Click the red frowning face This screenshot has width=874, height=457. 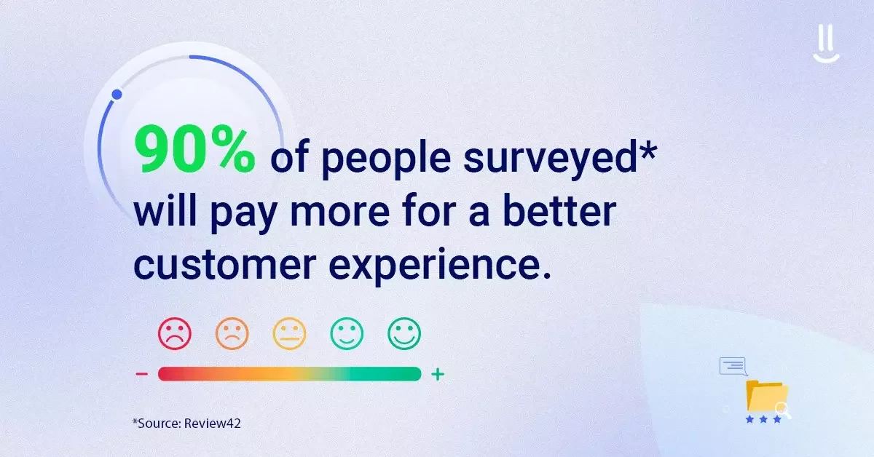pyautogui.click(x=174, y=333)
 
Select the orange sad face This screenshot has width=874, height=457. pyautogui.click(x=232, y=333)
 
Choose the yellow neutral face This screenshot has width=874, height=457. pyautogui.click(x=289, y=333)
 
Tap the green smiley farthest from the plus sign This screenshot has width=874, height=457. pyautogui.click(x=347, y=333)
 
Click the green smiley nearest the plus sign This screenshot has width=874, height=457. pyautogui.click(x=404, y=333)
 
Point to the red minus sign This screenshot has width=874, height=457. pyautogui.click(x=142, y=374)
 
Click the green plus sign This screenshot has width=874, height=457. pyautogui.click(x=437, y=374)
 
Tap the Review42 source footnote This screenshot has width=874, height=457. pyautogui.click(x=186, y=422)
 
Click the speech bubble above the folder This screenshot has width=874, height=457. pyautogui.click(x=733, y=365)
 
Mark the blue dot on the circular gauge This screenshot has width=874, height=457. pyautogui.click(x=117, y=95)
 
